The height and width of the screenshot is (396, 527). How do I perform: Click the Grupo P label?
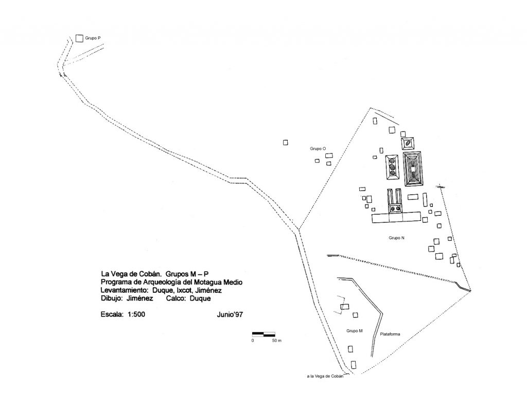93,38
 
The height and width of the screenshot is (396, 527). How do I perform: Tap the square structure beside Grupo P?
79,38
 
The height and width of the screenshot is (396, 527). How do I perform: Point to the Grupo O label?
318,148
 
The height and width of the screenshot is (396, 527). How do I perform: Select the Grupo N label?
397,238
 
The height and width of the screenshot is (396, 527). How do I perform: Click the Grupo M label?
355,331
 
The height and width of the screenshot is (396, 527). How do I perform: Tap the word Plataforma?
390,334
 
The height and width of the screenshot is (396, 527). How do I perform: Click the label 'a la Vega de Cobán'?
325,376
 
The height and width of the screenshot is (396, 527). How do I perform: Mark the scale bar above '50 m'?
264,334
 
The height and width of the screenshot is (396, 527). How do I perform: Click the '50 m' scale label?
276,341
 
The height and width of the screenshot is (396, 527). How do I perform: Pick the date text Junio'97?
230,314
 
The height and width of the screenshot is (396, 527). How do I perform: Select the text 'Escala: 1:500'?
123,314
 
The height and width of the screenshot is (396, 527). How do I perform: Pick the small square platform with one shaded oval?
408,143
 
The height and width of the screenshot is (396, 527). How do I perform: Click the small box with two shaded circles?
395,209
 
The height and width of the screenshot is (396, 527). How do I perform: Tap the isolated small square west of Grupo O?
285,142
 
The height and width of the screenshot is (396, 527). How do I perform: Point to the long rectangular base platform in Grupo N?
396,217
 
